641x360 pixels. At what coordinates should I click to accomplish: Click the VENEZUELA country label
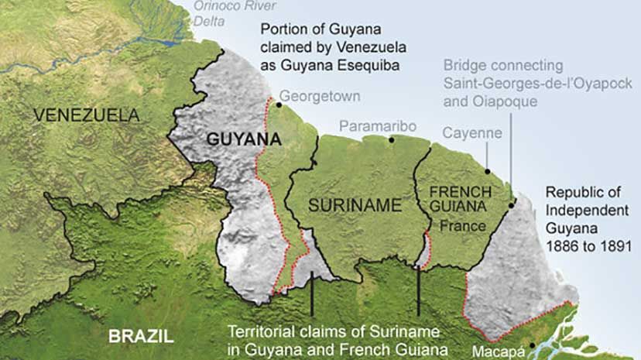[x=86, y=116]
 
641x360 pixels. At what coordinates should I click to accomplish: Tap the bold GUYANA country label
[x=242, y=140]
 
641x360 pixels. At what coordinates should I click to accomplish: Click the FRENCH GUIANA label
[x=460, y=199]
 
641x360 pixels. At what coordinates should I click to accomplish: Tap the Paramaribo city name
[x=378, y=126]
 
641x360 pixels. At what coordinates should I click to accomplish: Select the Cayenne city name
[x=471, y=133]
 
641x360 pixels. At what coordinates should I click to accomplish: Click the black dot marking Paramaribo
[x=392, y=140]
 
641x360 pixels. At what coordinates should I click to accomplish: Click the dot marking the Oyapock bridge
[x=512, y=205]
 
